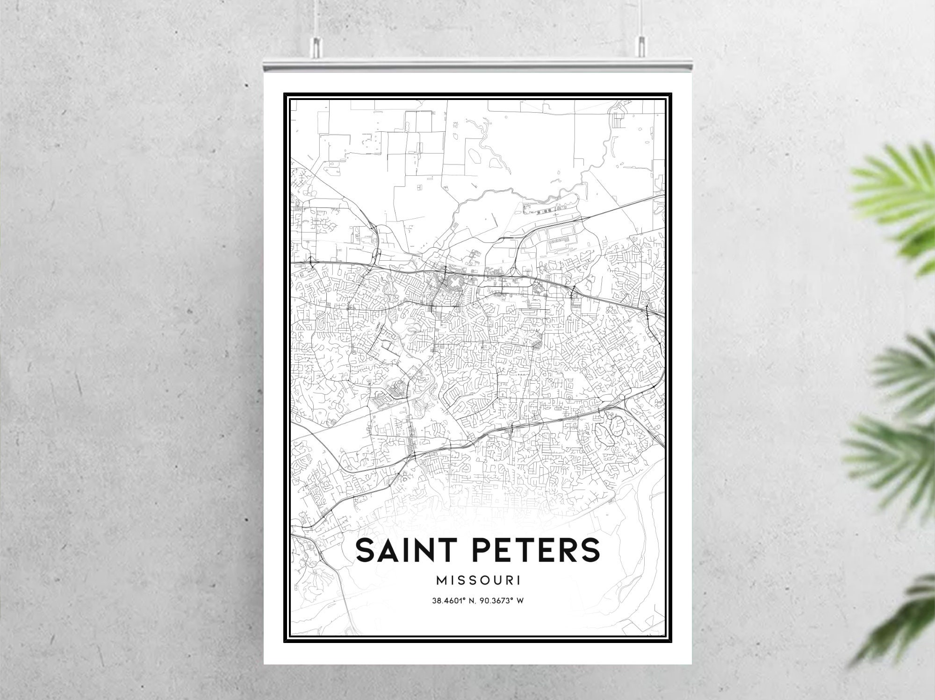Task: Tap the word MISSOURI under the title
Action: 478,580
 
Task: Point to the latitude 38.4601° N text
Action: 451,600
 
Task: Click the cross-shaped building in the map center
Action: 453,283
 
